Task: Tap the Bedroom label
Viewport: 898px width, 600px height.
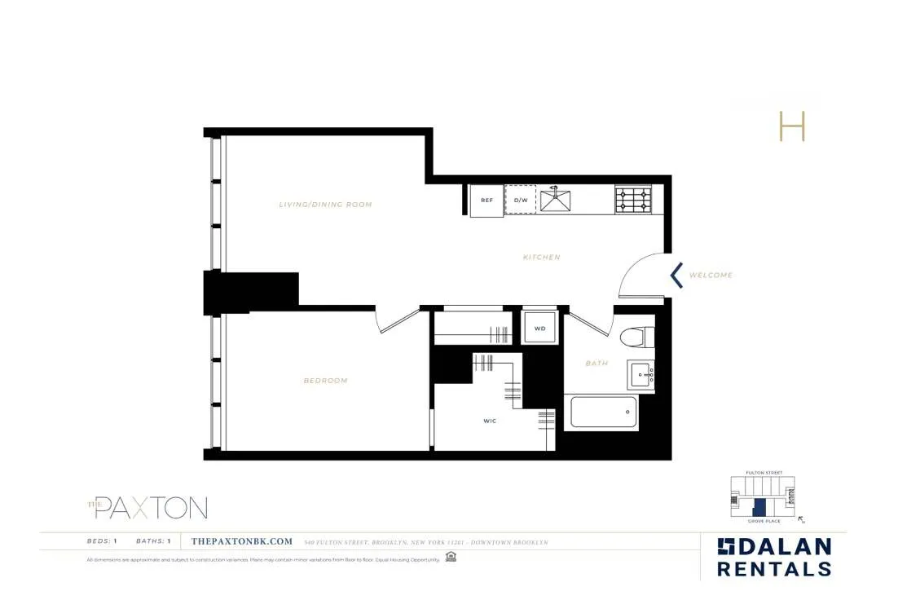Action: [325, 381]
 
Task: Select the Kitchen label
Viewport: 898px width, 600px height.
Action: [542, 258]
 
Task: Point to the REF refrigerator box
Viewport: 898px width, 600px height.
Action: [486, 201]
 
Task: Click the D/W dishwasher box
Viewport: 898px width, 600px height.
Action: [521, 200]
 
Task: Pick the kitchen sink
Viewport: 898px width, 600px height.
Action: [555, 198]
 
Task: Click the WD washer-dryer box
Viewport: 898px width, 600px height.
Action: [539, 329]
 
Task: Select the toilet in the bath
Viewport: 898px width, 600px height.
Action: [637, 337]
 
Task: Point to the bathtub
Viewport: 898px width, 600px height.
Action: [604, 412]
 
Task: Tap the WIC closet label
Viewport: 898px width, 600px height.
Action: [490, 421]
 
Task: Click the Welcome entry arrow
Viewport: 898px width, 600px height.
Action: [676, 275]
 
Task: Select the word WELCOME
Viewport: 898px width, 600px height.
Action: [711, 276]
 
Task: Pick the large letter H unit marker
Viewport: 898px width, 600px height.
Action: [791, 126]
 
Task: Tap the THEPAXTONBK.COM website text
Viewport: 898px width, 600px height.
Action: [241, 541]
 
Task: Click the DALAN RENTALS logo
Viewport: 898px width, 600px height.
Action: [773, 558]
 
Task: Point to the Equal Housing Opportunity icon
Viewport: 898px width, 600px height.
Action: [451, 558]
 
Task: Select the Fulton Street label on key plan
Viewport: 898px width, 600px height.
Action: [764, 473]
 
